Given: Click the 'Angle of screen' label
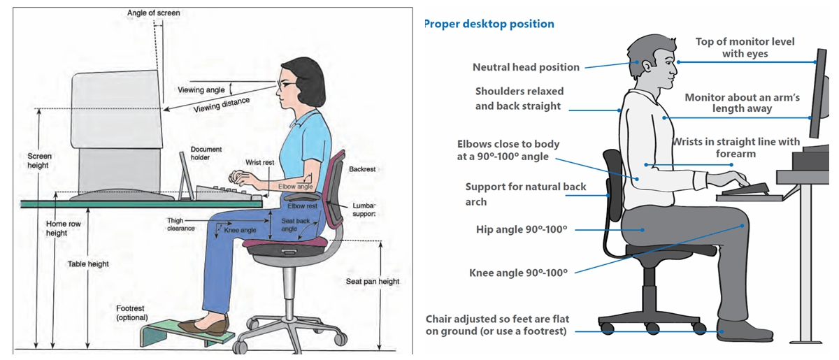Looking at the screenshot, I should coord(153,13).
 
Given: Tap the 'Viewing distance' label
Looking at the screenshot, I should coord(222,105).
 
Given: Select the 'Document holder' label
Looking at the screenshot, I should coord(206,153).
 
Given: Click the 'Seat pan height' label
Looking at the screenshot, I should coord(373,282).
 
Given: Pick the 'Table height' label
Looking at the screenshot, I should coord(88,264).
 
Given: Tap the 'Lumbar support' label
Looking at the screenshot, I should coord(364,210).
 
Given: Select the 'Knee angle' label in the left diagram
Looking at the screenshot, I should coord(241,229).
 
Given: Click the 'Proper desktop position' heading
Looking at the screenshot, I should coord(489,24).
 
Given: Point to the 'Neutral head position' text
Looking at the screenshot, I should coord(526,67).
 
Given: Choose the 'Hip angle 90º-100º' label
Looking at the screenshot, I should coord(521,229).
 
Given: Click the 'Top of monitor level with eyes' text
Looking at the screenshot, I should coord(745,48).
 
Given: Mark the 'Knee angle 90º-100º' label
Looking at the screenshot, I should coord(518,273).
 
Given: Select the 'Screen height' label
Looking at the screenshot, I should coord(38,161).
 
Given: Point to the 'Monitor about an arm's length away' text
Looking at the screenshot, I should coord(742,103).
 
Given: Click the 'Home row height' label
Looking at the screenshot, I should coord(57,229).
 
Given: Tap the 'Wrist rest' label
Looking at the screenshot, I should coord(260,162).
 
